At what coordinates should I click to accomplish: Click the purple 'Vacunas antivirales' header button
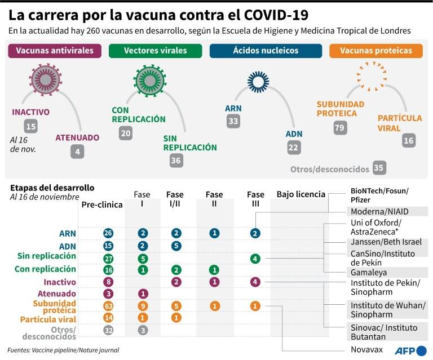(55, 51)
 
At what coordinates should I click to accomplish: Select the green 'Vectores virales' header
(155, 51)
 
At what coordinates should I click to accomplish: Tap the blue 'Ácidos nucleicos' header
(266, 51)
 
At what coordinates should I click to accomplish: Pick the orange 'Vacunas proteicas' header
(376, 51)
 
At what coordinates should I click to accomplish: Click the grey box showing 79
(340, 127)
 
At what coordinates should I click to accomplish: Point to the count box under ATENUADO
(77, 152)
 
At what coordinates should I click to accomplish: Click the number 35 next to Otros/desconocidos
(379, 168)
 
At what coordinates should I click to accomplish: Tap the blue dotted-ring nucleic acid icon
(258, 82)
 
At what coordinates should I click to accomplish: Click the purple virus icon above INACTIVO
(46, 80)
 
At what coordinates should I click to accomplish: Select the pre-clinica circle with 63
(108, 306)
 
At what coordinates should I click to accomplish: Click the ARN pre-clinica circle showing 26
(108, 233)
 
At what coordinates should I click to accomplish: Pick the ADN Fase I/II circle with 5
(176, 246)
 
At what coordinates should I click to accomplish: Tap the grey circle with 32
(108, 330)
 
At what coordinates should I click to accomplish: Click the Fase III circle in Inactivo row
(255, 282)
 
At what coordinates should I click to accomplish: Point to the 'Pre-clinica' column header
(102, 205)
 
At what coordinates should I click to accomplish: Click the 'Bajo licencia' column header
(301, 194)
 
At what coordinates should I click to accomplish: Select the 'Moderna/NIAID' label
(379, 212)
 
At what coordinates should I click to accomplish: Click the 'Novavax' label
(366, 349)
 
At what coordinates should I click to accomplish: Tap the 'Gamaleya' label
(369, 273)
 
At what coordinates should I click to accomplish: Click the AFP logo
(411, 350)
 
